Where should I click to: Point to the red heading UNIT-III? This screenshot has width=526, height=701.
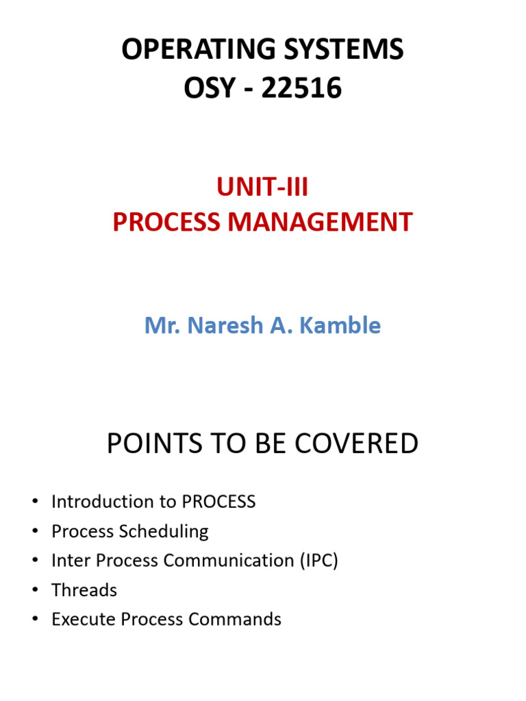coord(262,187)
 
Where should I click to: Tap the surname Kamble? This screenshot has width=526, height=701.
coord(345,325)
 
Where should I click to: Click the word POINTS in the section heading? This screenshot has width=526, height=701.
coord(151,444)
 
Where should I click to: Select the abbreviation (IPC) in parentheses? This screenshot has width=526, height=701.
coord(318,561)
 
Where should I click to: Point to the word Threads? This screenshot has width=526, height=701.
coord(84,590)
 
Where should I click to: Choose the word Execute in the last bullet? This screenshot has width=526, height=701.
coord(84,620)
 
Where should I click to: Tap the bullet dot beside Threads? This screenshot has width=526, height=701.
coord(35,591)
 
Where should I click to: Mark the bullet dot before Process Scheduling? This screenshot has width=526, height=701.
coord(35,532)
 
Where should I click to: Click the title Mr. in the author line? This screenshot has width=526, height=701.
coord(160,325)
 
